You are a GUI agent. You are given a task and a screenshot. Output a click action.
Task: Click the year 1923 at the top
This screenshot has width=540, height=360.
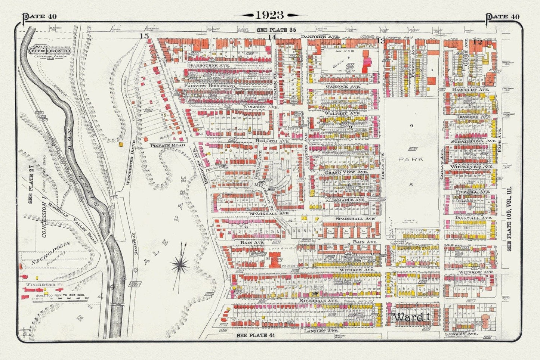click(x=269, y=15)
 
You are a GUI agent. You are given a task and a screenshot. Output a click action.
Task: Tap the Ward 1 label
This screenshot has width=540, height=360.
click(x=411, y=317)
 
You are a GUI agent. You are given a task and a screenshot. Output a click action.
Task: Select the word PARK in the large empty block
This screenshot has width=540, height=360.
click(x=411, y=159)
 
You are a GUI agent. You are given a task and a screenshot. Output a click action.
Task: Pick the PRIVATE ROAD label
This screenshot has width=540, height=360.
click(x=166, y=145)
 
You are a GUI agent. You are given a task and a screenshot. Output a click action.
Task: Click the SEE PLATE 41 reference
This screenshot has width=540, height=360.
click(x=256, y=335)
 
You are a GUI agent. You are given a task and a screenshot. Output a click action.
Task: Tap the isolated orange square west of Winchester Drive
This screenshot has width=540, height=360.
click(x=121, y=143)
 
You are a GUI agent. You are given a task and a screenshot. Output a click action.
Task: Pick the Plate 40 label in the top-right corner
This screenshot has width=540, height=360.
click(x=503, y=16)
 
